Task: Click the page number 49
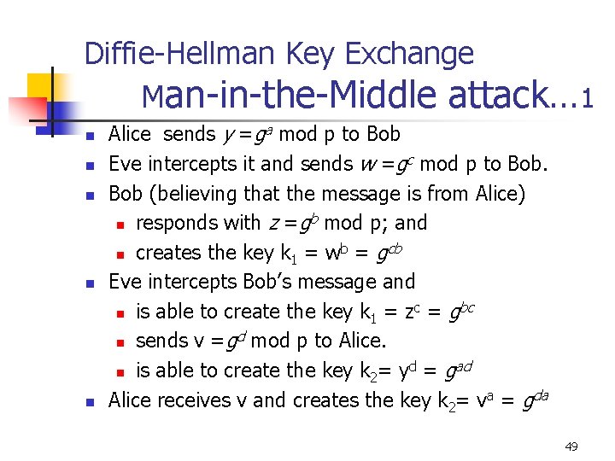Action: [571, 446]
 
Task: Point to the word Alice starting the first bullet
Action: [130, 134]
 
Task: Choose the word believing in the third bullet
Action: [195, 194]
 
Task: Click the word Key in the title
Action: [311, 54]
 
